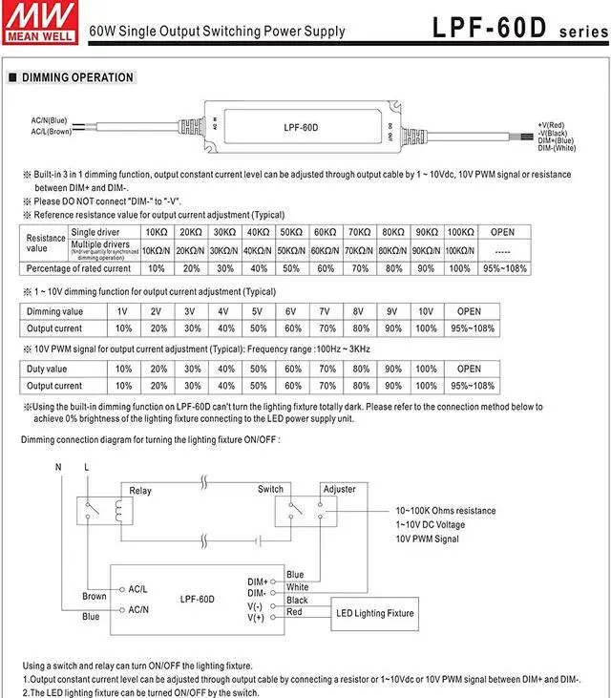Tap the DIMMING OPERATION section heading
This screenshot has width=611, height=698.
click(77, 77)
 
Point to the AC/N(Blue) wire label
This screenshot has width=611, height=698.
click(49, 119)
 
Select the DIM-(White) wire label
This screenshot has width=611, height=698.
click(557, 148)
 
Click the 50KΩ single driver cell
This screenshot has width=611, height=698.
click(290, 232)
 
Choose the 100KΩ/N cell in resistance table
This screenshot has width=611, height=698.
click(460, 250)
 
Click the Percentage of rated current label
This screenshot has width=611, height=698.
click(78, 268)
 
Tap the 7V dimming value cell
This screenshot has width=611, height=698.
click(325, 311)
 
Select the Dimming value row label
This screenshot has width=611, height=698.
click(54, 311)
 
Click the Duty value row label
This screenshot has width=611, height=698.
click(47, 369)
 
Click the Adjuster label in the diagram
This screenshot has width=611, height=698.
click(339, 490)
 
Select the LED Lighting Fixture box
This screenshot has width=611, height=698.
click(374, 613)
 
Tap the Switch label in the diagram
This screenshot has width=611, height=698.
click(270, 490)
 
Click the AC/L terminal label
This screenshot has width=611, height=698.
click(138, 589)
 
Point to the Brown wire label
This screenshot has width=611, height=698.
click(94, 597)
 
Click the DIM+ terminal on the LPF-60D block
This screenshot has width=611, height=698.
click(258, 581)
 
